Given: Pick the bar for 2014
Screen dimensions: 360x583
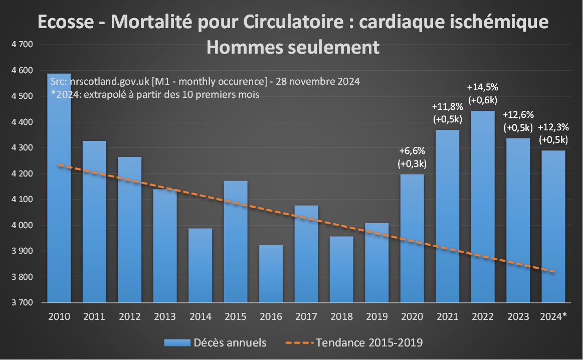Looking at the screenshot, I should point(201,265).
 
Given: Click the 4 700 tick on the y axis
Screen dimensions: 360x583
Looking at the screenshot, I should point(22,45).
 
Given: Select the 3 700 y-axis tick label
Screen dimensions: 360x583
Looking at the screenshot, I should point(22,303).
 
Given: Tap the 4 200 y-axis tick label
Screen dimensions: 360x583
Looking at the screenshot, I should point(22,174).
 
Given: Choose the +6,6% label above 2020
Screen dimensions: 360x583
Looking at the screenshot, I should point(412,150).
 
